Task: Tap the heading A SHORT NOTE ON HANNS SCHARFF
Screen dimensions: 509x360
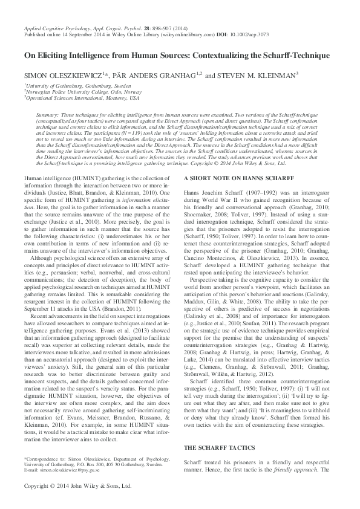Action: [234, 179]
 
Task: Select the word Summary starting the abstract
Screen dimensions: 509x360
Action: [47, 114]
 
